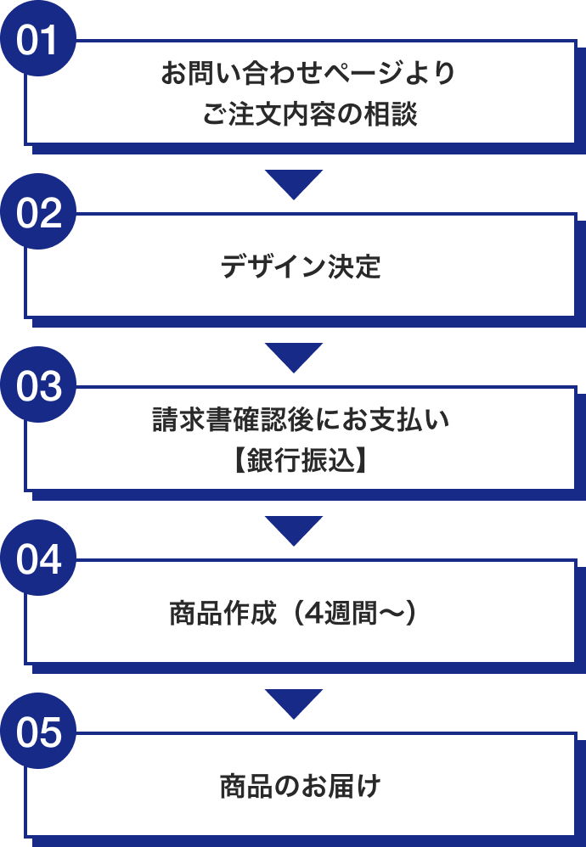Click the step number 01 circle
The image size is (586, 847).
pyautogui.click(x=38, y=38)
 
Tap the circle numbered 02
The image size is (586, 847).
pyautogui.click(x=38, y=211)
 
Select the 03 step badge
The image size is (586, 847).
pyautogui.click(x=38, y=384)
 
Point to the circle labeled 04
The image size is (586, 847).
pyautogui.click(x=38, y=558)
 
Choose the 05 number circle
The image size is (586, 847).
pyautogui.click(x=38, y=731)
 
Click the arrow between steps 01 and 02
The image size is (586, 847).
pyautogui.click(x=294, y=182)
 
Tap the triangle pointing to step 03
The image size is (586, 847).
pyautogui.click(x=294, y=356)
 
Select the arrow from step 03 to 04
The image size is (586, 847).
pyautogui.click(x=294, y=529)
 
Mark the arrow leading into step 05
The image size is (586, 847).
pyautogui.click(x=294, y=702)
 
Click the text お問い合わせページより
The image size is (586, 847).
pyautogui.click(x=308, y=75)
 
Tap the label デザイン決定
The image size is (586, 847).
pyautogui.click(x=301, y=266)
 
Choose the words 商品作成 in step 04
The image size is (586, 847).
pyautogui.click(x=223, y=614)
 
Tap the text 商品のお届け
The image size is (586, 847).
pyautogui.click(x=301, y=787)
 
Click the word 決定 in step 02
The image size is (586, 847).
pyautogui.click(x=355, y=266)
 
